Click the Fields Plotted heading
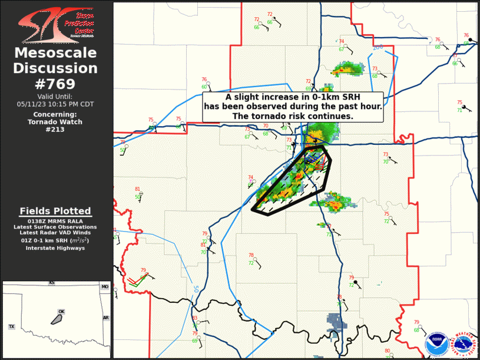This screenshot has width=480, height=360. (55, 211)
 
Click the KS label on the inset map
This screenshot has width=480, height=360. (51, 283)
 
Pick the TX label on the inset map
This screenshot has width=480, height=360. (11, 326)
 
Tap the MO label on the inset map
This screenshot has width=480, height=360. (105, 287)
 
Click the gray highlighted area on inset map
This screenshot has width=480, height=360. (57, 319)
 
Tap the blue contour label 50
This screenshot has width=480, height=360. (195, 289)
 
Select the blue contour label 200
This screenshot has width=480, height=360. (378, 47)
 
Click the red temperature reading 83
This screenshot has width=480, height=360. (195, 318)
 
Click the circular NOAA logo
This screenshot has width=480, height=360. (437, 341)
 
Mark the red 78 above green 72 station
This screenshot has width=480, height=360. (251, 256)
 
